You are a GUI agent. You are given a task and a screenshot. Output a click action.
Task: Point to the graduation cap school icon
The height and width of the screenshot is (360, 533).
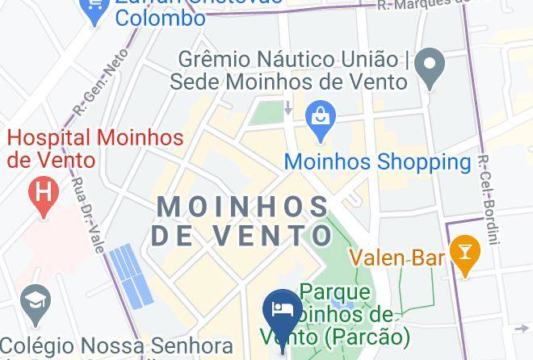click(x=36, y=301)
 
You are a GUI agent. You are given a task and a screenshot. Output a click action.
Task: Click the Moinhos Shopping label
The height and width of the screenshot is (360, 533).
click(x=377, y=161)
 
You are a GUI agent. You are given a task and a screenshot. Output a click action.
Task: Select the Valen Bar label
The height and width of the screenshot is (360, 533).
click(x=397, y=258)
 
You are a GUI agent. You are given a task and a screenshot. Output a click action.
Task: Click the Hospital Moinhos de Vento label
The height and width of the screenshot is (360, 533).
click(x=95, y=149)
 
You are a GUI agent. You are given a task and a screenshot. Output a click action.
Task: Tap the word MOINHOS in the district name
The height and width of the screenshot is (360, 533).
click(x=242, y=207)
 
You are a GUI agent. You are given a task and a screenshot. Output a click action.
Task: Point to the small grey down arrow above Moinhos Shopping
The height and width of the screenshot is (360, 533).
click(x=288, y=107)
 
